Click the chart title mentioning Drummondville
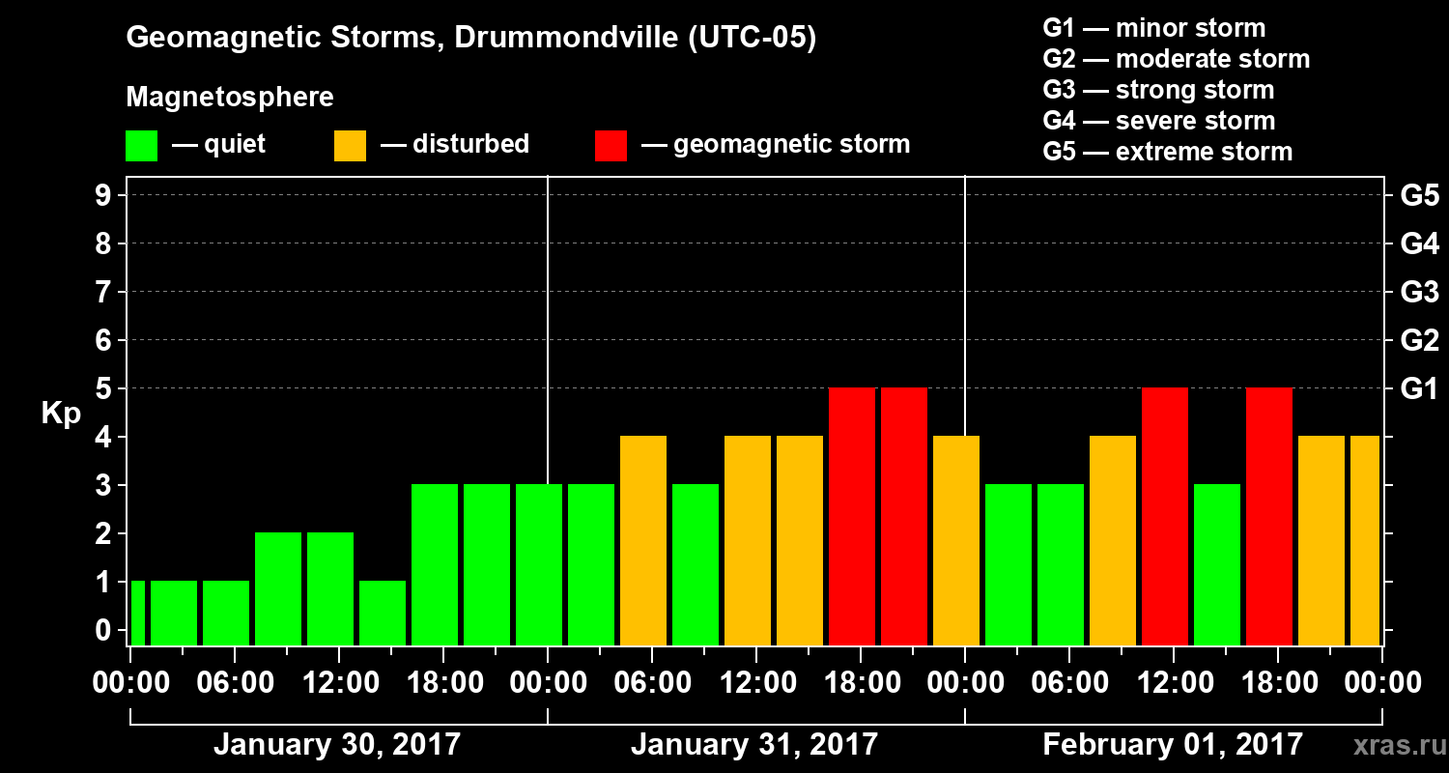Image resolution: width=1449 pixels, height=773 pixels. (471, 38)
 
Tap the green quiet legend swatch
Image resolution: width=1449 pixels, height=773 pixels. (141, 145)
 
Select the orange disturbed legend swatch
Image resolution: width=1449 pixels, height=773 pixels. (350, 145)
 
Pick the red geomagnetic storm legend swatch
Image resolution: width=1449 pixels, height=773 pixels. (611, 145)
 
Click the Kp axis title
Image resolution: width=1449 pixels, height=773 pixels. (61, 415)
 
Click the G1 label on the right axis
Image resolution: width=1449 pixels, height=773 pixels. (1419, 388)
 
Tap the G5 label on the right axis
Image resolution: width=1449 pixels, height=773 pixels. (1419, 196)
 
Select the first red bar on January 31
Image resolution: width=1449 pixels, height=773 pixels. (852, 516)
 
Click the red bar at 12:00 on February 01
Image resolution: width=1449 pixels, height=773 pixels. (1165, 516)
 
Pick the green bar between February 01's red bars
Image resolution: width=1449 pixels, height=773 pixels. (1217, 564)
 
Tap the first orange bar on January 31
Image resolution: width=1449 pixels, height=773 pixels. (643, 540)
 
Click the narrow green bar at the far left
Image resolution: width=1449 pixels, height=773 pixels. (137, 613)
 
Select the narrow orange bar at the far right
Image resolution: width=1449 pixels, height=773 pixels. (1365, 540)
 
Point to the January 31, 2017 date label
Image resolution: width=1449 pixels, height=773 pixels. (754, 745)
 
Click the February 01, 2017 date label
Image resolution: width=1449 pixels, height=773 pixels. (1173, 745)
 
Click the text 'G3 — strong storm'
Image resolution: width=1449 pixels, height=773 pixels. (1158, 90)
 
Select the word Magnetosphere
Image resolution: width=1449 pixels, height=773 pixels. (230, 98)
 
